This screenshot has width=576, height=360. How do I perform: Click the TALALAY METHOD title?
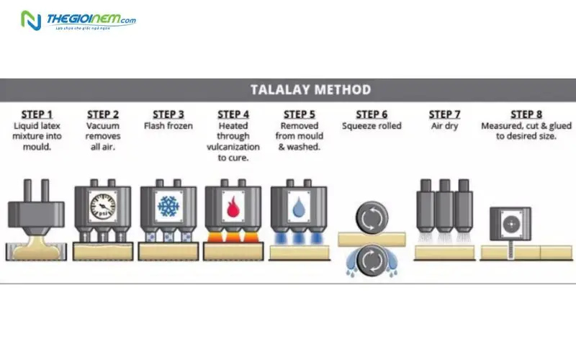310,90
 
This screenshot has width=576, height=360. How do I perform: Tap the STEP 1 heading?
37,114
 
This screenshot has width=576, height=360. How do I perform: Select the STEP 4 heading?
233,114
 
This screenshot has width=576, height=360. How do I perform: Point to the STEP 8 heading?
526,114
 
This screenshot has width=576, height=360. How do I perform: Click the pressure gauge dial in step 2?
103,205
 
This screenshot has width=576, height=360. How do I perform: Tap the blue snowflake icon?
168,205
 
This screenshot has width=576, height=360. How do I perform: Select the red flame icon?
233,205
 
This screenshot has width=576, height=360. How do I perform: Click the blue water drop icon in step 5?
298,205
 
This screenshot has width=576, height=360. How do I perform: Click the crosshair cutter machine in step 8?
510,222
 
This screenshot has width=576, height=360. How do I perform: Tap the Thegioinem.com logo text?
91,19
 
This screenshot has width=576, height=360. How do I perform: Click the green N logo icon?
31,21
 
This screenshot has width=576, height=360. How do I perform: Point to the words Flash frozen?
168,126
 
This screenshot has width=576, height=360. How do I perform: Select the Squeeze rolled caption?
372,126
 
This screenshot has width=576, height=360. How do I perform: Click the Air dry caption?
444,126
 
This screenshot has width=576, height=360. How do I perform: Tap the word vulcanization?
233,146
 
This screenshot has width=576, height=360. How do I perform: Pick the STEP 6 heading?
372,114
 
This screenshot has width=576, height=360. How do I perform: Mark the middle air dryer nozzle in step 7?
444,205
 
